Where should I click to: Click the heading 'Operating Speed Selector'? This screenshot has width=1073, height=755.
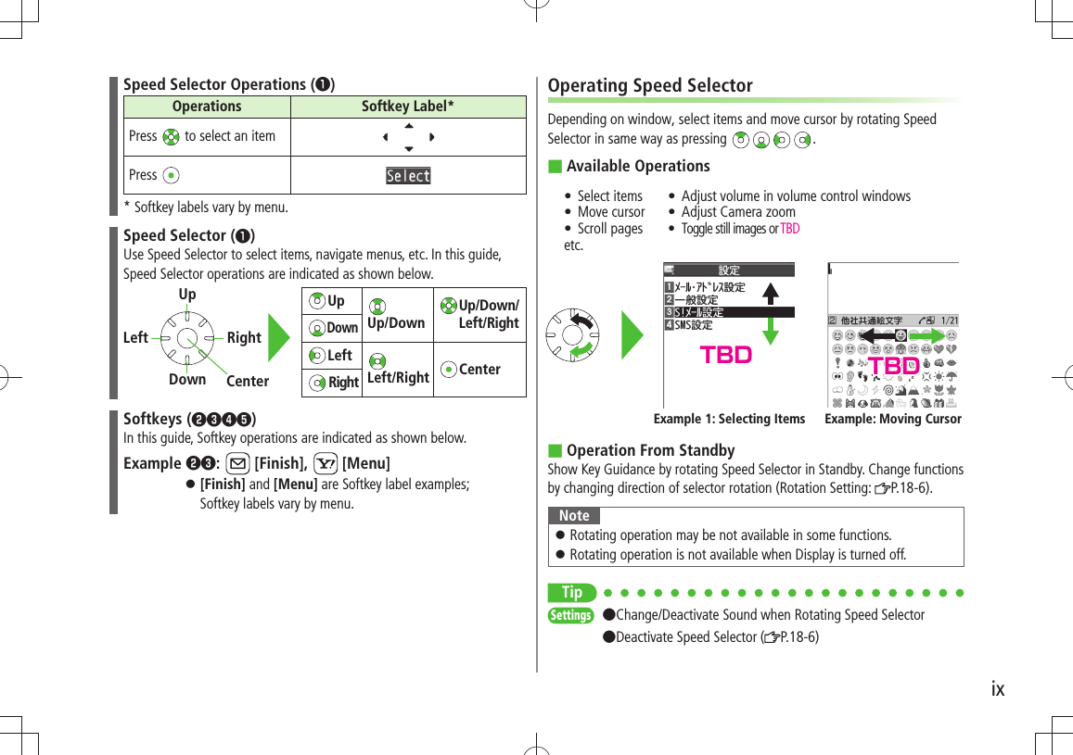(650, 86)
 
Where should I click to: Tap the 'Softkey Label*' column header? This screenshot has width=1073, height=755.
(408, 107)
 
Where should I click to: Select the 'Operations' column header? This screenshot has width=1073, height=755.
(207, 107)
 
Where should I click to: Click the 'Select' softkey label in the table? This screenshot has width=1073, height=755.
(408, 176)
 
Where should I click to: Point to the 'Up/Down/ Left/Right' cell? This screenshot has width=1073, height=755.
(479, 314)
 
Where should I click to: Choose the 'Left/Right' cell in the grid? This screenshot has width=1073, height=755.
(398, 370)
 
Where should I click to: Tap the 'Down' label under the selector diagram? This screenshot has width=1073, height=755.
(187, 379)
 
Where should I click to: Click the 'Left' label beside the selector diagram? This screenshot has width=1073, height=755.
(135, 338)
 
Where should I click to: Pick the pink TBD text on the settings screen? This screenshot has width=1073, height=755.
(726, 356)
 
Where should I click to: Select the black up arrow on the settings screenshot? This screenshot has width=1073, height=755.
(770, 296)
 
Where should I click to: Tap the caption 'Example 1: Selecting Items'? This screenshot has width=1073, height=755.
(729, 419)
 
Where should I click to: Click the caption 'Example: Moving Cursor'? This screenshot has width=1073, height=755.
(893, 419)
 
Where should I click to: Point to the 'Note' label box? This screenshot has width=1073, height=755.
(574, 516)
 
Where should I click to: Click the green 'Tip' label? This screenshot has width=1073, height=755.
(572, 592)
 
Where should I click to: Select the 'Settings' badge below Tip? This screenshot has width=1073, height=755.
(570, 615)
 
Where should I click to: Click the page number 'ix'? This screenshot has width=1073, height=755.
(997, 689)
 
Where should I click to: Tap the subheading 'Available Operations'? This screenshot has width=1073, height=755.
(638, 166)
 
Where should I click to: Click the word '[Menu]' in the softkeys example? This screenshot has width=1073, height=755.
(365, 463)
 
